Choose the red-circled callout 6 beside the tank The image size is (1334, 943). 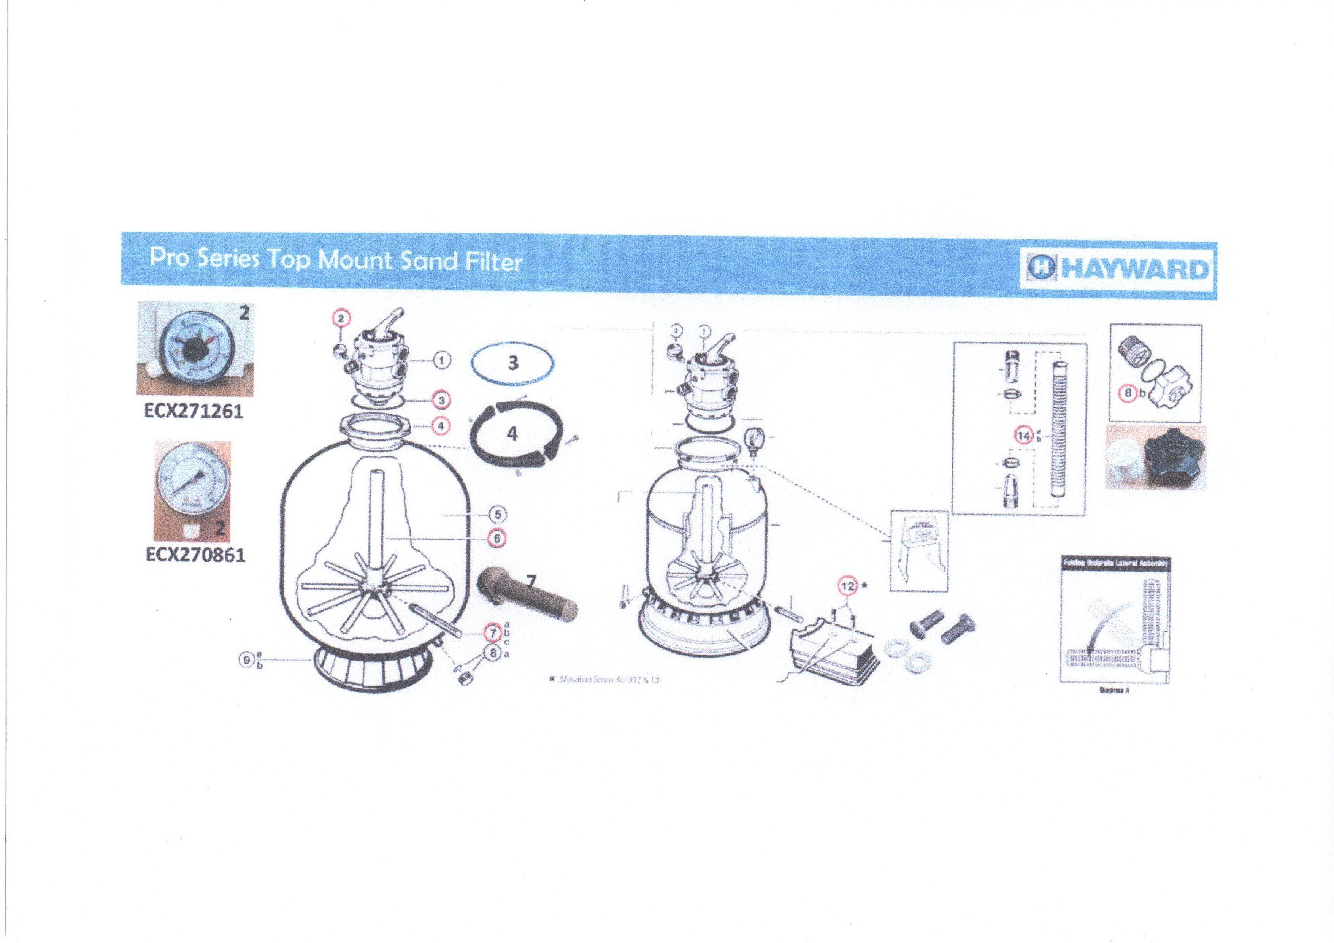click(497, 539)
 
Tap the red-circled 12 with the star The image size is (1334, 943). click(848, 586)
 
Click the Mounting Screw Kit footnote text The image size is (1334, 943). click(609, 678)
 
